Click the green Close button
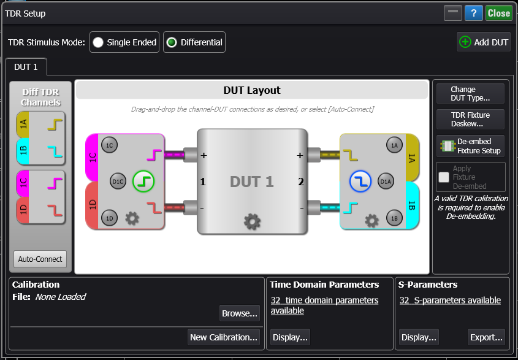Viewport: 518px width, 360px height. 499,13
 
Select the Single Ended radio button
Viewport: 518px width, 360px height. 97,42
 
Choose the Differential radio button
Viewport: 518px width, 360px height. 172,42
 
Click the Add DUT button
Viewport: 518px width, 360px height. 484,42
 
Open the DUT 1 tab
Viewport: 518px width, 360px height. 26,67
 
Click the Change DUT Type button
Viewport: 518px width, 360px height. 470,93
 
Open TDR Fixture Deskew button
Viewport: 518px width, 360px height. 470,119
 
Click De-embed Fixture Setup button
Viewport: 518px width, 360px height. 470,146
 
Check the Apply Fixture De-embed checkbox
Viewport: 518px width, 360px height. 444,177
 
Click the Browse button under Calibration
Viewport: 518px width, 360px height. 240,313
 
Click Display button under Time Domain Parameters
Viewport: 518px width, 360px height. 291,337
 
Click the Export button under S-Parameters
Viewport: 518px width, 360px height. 487,337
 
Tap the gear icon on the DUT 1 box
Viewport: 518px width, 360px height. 252,221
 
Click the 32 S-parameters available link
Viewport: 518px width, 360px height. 450,301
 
